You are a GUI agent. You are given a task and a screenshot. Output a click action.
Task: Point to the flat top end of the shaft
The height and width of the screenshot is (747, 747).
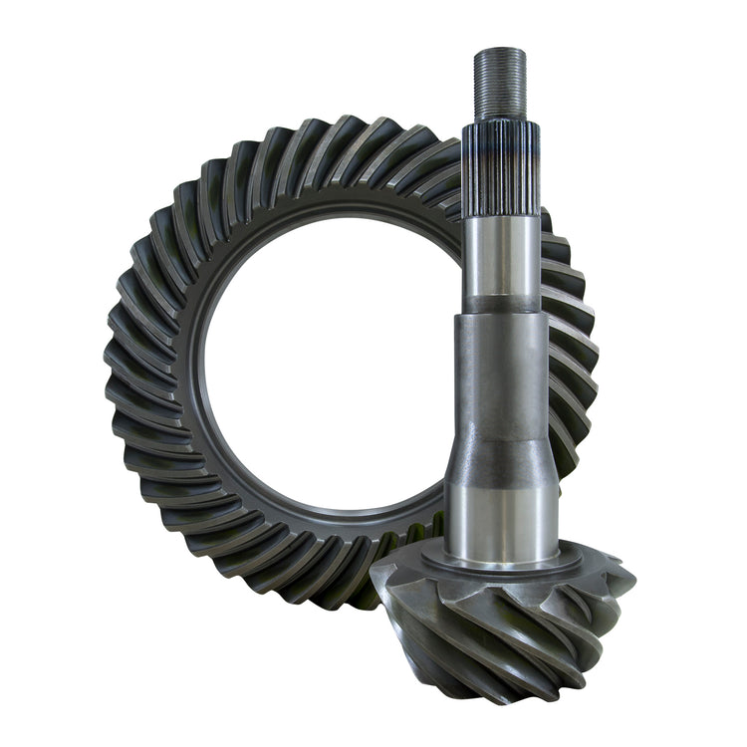(498, 51)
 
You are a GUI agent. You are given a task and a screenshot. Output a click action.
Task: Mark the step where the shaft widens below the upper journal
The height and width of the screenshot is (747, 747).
(501, 316)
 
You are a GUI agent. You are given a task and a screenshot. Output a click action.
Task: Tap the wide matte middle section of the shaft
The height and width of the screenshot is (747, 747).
(501, 388)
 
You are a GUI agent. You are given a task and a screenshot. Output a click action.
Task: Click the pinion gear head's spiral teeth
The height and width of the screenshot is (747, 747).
(498, 627)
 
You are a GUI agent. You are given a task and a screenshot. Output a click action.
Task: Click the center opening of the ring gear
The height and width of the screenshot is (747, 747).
(319, 378)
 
